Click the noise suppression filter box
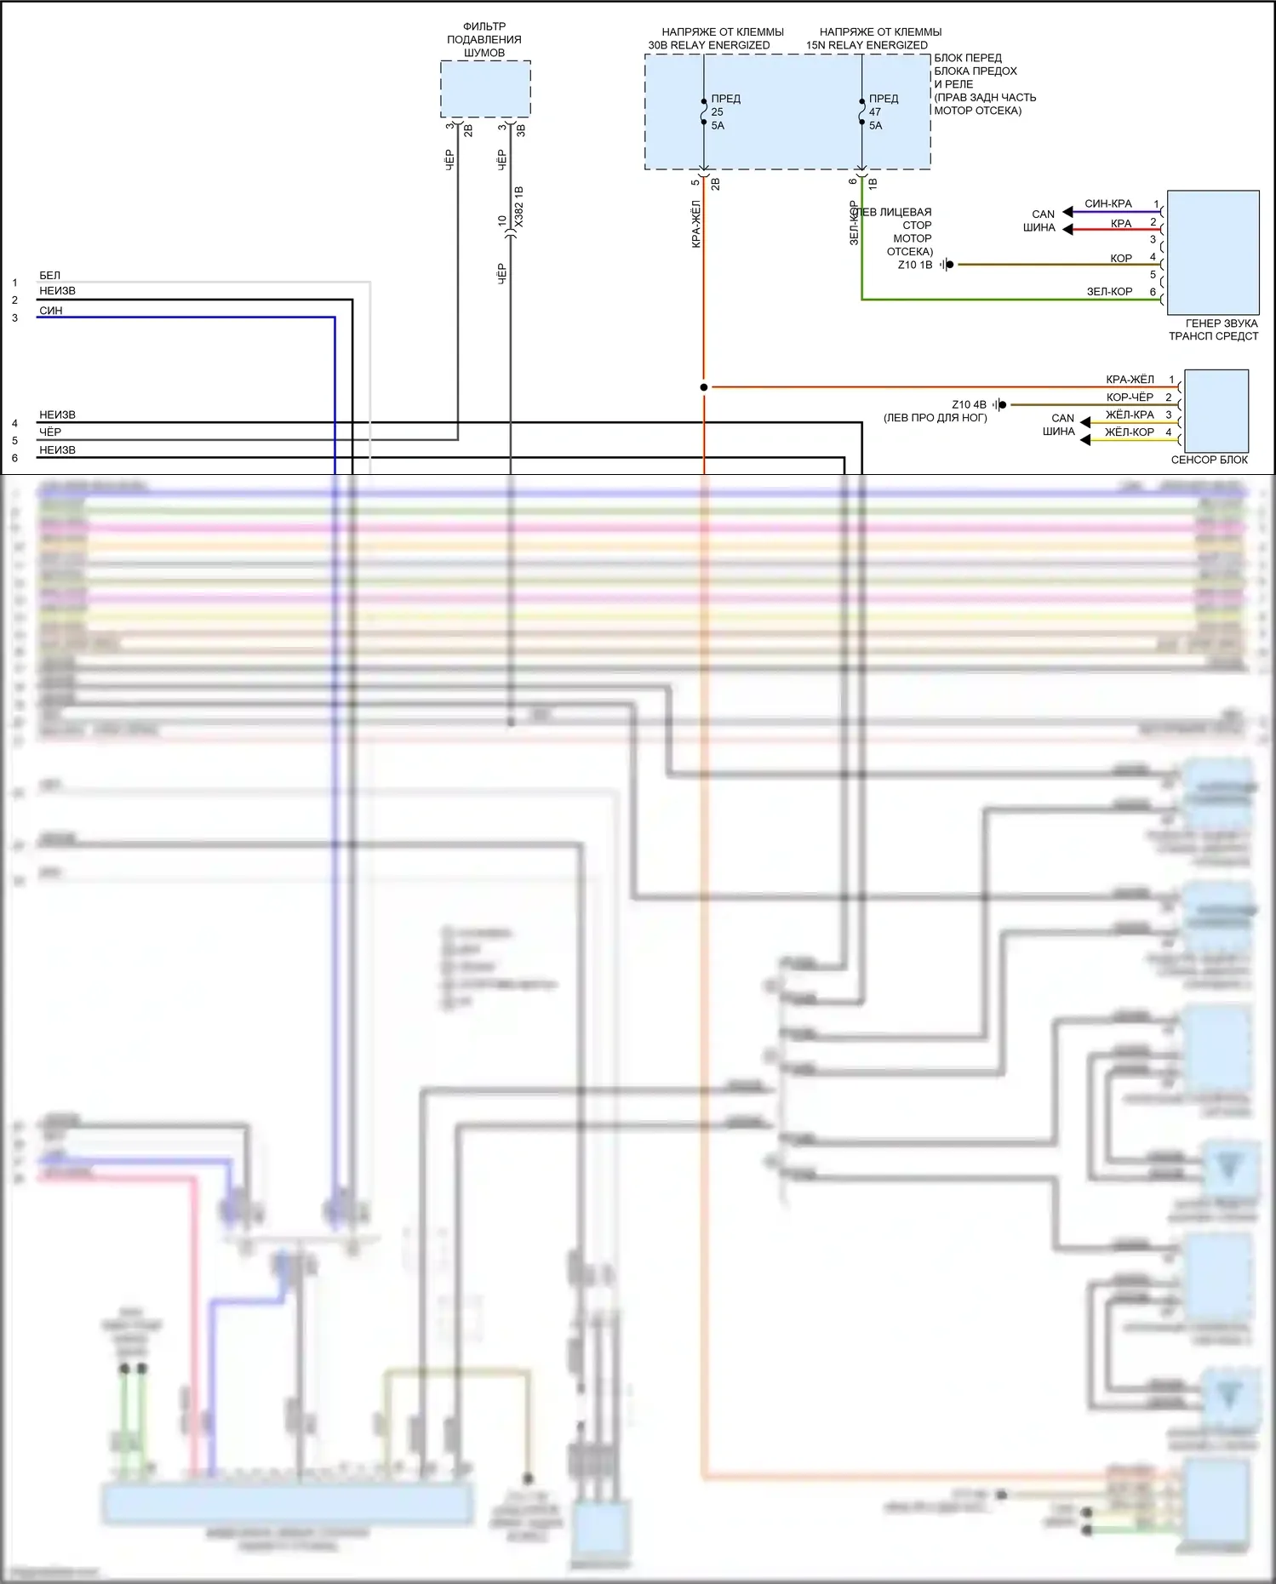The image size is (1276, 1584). point(485,89)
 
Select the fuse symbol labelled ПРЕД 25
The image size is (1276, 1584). point(704,112)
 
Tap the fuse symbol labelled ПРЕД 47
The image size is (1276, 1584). point(861,112)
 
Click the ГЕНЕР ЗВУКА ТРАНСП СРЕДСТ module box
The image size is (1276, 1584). point(1213,253)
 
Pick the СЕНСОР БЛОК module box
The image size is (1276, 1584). point(1216,411)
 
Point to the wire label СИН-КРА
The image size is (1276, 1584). point(1107,204)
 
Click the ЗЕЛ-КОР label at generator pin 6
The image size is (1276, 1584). point(1109,292)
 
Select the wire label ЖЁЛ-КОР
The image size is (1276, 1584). point(1130,432)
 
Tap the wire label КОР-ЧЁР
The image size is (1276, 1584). point(1130,397)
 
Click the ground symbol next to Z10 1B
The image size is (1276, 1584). point(947,265)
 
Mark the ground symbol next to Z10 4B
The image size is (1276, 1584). point(1000,405)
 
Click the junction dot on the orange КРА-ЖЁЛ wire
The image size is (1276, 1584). point(704,387)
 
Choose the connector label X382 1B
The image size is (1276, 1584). point(519,207)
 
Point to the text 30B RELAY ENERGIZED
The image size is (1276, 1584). point(709,45)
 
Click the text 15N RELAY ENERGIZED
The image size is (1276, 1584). point(867,45)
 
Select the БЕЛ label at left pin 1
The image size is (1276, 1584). point(49,276)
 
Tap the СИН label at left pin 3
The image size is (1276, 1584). point(51,311)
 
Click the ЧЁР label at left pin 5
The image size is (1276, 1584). point(50,432)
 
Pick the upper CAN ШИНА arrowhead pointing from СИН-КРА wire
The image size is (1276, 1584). point(1067,212)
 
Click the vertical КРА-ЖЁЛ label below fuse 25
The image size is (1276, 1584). point(696,224)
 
